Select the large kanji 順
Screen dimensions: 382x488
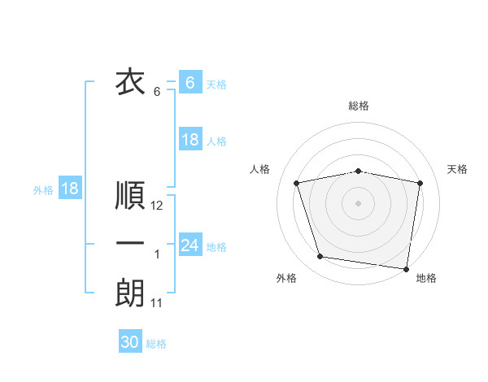click(130, 196)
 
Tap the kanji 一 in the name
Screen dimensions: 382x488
click(130, 244)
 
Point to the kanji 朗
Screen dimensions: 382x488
click(130, 293)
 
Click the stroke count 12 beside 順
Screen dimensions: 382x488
click(157, 206)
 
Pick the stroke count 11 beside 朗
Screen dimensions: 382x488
click(157, 303)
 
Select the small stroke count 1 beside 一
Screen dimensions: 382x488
click(157, 255)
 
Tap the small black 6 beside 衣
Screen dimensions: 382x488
click(157, 92)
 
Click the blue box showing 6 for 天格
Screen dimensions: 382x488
click(190, 82)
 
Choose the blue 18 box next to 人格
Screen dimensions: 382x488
click(190, 140)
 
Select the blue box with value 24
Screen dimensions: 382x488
click(190, 245)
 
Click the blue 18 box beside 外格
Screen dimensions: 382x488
click(69, 189)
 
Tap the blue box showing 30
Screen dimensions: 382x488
click(130, 342)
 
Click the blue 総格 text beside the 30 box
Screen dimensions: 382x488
click(156, 344)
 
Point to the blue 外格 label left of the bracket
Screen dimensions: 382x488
click(43, 190)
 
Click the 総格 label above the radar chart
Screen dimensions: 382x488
click(358, 106)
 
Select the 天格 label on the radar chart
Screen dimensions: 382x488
click(457, 169)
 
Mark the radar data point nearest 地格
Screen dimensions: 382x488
click(406, 268)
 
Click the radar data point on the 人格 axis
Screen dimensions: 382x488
click(297, 183)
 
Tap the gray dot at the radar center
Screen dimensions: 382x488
click(358, 202)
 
